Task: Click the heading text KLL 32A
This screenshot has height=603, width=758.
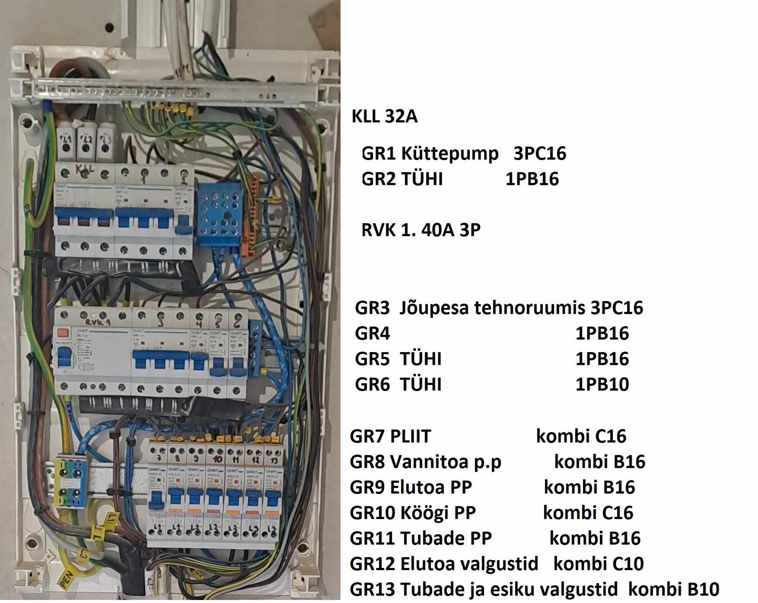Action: pyautogui.click(x=384, y=117)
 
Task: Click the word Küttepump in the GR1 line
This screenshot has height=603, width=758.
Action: pyautogui.click(x=449, y=154)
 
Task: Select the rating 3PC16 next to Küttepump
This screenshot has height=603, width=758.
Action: pyautogui.click(x=539, y=154)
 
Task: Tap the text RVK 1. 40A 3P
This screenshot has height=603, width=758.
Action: pyautogui.click(x=420, y=230)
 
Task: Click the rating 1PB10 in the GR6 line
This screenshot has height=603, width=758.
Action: pyautogui.click(x=602, y=384)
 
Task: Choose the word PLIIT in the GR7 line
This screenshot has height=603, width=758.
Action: pyautogui.click(x=410, y=436)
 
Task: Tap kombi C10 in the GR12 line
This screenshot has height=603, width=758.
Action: pyautogui.click(x=598, y=564)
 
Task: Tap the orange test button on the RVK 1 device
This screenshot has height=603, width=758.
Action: pyautogui.click(x=63, y=333)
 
